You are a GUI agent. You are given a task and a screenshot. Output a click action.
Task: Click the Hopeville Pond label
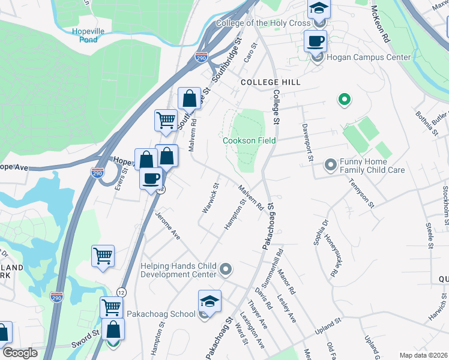click(88, 35)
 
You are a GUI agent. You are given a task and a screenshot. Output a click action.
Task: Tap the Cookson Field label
click(249, 140)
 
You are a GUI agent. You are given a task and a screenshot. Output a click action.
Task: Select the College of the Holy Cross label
click(263, 23)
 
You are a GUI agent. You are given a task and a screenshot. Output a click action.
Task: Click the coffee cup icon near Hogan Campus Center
click(315, 42)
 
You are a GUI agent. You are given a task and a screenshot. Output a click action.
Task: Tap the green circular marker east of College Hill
click(344, 100)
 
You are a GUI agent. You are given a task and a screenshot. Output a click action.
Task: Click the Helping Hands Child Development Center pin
click(226, 269)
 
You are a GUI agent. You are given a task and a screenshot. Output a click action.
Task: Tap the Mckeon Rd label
click(381, 24)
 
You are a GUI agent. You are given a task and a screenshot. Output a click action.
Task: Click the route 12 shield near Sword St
click(122, 290)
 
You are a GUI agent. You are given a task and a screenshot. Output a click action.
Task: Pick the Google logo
click(20, 353)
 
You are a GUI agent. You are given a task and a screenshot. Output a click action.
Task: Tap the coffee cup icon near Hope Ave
click(151, 179)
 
